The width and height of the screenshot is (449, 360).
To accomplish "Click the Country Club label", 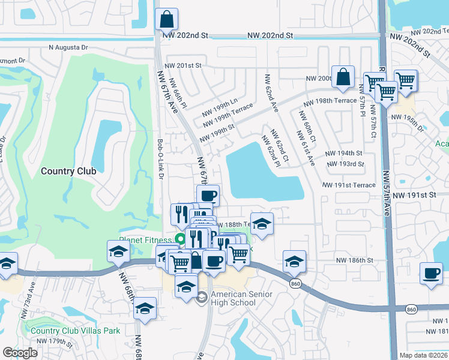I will pyautogui.click(x=68, y=171).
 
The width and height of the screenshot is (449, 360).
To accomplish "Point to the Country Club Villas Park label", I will pyautogui.click(x=75, y=330).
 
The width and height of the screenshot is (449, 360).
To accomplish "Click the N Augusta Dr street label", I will pyautogui.click(x=68, y=47).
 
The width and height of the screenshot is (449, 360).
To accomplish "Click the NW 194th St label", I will pyautogui.click(x=344, y=154).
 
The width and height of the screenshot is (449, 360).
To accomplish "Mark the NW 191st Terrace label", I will pyautogui.click(x=349, y=185).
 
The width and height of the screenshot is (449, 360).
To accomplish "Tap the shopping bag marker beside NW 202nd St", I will pyautogui.click(x=166, y=19).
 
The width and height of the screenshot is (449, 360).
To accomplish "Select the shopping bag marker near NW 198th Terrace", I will pyautogui.click(x=343, y=77).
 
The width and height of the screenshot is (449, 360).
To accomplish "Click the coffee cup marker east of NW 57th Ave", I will pyautogui.click(x=431, y=274).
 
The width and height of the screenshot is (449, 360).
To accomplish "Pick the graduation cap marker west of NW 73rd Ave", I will pyautogui.click(x=7, y=263).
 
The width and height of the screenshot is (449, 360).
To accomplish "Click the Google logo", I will pyautogui.click(x=20, y=353).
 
